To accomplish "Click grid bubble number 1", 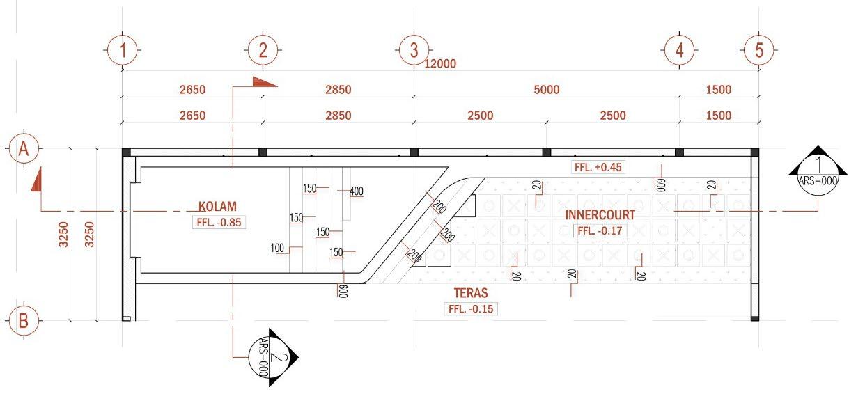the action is click(123, 50).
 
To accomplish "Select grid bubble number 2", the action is click(263, 50).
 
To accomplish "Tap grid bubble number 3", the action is click(414, 50).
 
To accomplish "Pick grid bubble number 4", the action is click(679, 50).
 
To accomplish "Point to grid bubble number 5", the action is click(759, 50).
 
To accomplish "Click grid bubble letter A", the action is click(24, 148).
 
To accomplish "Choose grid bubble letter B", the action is click(24, 321).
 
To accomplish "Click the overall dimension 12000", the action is click(439, 64).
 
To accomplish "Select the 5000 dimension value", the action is click(546, 89).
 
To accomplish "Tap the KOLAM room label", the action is click(217, 207).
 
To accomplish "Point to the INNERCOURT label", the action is click(600, 215).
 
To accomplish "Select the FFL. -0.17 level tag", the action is click(600, 230).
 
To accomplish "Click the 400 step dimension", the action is click(356, 191).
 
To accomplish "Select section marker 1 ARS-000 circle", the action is click(818, 171).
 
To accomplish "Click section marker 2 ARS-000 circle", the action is click(267, 356).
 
